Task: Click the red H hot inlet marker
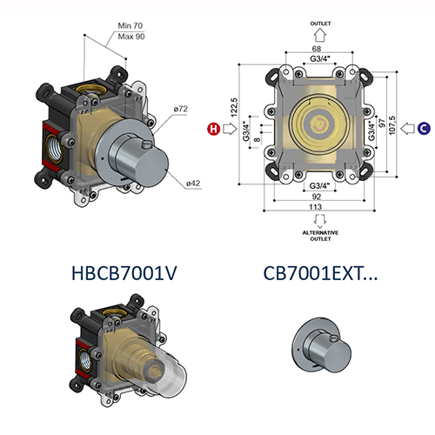(x=212, y=129)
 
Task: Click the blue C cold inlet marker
(x=424, y=129)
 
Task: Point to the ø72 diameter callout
(x=181, y=109)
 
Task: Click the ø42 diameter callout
(x=193, y=183)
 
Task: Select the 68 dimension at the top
(x=319, y=50)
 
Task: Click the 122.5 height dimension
(x=232, y=108)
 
